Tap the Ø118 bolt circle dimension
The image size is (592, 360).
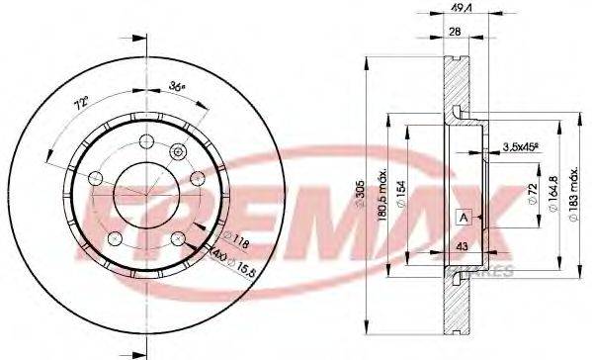coord(238,238)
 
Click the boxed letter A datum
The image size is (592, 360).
coord(462,218)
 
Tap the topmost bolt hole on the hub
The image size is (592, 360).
coord(143,138)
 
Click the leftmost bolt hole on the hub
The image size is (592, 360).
coord(96,178)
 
